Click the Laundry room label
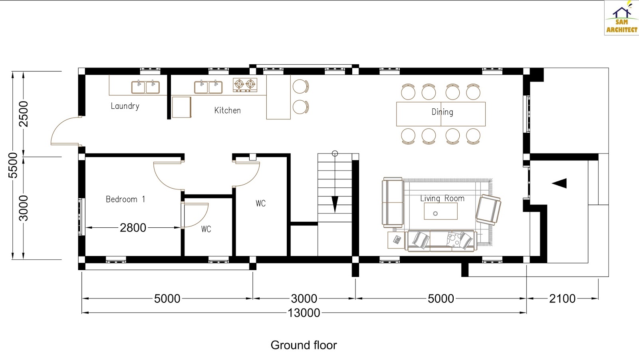tap(125, 106)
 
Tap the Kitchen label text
tap(227, 111)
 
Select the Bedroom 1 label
tap(125, 199)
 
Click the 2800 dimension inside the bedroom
tap(133, 228)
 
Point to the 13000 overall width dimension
tap(304, 313)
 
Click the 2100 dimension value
tap(562, 298)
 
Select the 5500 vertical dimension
tap(13, 165)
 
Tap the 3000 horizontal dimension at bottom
tap(304, 298)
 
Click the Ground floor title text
tap(304, 345)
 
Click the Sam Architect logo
tap(621, 18)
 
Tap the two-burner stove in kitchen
tap(245, 84)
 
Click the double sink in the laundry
tap(146, 87)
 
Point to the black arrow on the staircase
tap(335, 204)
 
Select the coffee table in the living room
tap(441, 211)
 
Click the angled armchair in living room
tap(488, 209)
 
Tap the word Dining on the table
tap(442, 112)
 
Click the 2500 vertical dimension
tap(24, 114)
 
